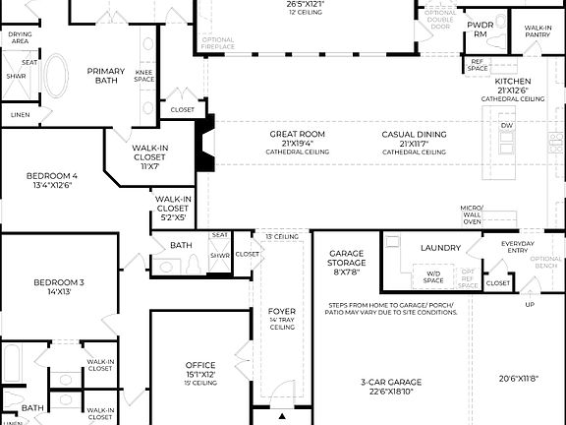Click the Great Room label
[x=298, y=135]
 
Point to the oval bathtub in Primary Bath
[x=55, y=75]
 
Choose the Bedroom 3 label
[x=59, y=283]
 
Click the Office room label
[x=200, y=365]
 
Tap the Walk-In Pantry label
[x=538, y=31]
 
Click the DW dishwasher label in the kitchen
[x=506, y=126]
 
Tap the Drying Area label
[x=20, y=37]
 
